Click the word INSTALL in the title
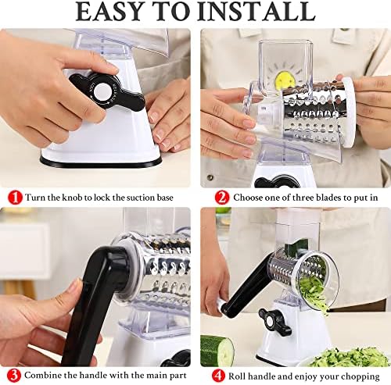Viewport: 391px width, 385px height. (256, 12)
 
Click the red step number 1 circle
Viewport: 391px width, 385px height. (15, 198)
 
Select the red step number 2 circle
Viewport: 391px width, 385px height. (222, 198)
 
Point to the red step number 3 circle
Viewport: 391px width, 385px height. (14, 376)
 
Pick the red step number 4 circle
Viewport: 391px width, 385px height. (218, 376)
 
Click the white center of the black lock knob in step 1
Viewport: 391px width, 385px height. (102, 91)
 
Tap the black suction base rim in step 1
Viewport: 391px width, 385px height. (101, 162)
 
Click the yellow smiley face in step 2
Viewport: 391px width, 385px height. (284, 80)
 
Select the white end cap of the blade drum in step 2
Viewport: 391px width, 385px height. (349, 112)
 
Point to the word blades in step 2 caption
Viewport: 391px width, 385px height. (328, 198)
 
